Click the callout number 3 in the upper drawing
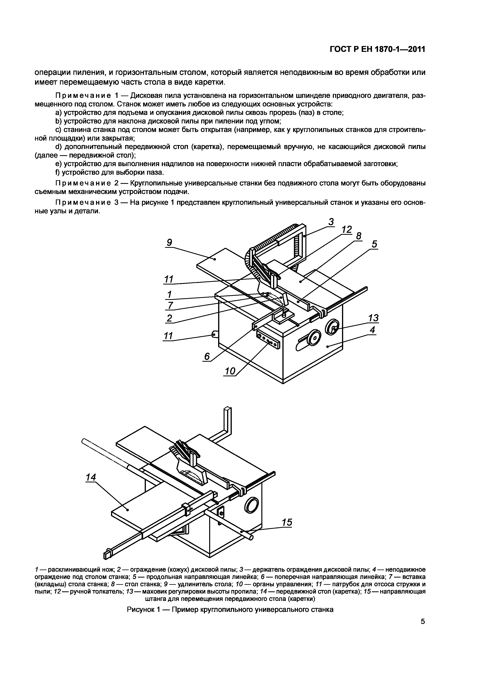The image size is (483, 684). click(x=331, y=222)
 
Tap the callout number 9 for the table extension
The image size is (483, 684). click(x=169, y=243)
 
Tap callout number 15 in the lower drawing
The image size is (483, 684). click(x=287, y=522)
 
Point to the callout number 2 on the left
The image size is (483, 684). click(x=169, y=318)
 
